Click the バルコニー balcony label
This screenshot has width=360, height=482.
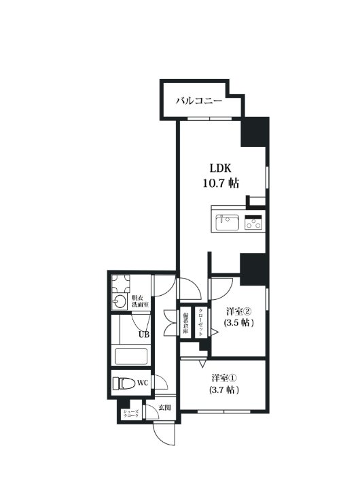point(200,101)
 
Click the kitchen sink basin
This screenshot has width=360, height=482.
point(226,222)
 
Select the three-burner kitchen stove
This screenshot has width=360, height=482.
point(253,222)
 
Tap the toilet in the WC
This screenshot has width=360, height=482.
point(124,383)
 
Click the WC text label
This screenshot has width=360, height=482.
point(143,383)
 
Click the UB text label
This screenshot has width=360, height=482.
point(143,334)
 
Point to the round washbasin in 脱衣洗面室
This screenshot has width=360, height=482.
point(120,302)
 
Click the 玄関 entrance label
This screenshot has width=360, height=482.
point(164,408)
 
